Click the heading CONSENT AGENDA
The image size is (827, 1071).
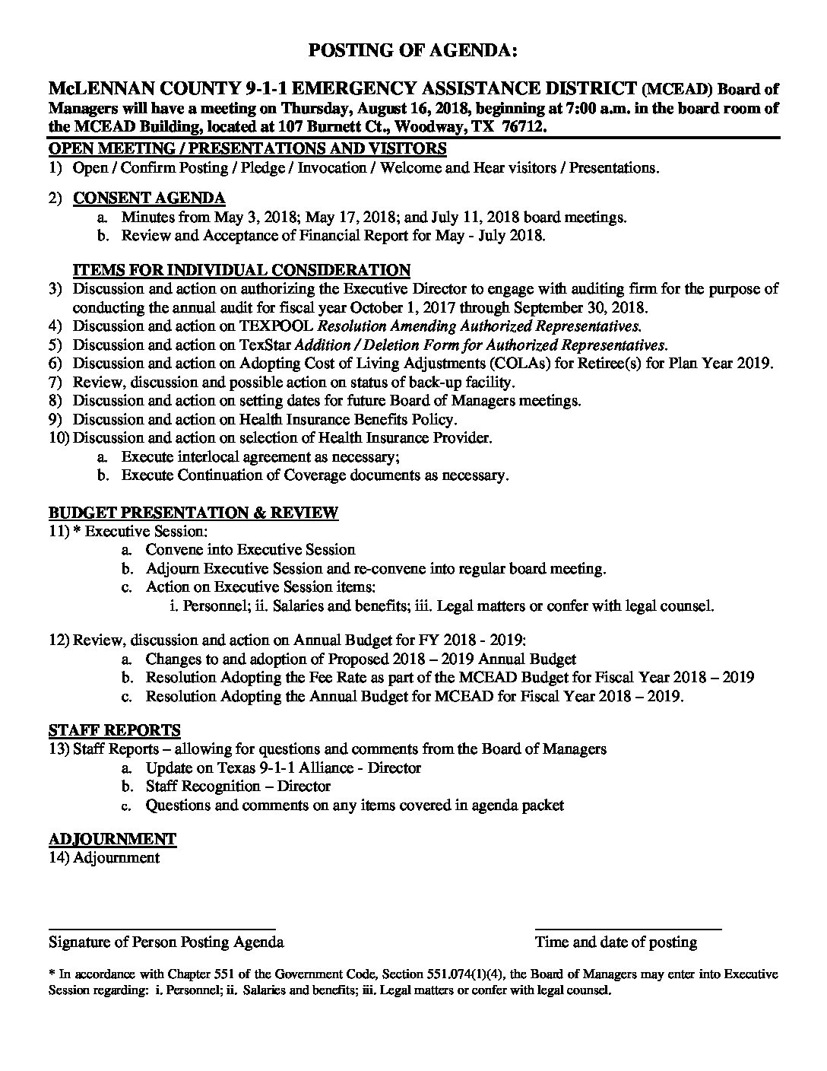[x=149, y=199]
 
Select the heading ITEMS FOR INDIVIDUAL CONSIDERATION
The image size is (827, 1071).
[x=242, y=270]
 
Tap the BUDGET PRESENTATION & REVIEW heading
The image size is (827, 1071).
[x=194, y=512]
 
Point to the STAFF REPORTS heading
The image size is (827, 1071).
[x=115, y=730]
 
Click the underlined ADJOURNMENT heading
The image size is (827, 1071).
[x=112, y=839]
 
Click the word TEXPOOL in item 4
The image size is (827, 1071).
[x=277, y=326]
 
